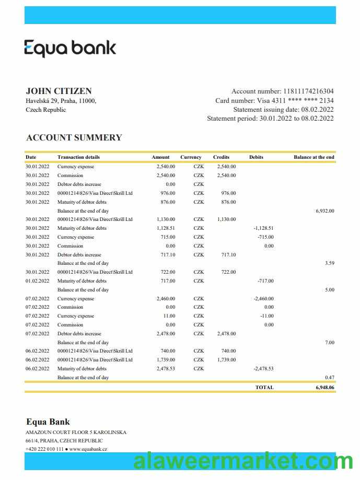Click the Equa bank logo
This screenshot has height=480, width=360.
pyautogui.click(x=70, y=48)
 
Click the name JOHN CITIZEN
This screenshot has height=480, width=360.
pyautogui.click(x=59, y=91)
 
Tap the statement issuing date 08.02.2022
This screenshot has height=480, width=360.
pyautogui.click(x=317, y=110)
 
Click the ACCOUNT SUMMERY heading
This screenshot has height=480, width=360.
pyautogui.click(x=74, y=138)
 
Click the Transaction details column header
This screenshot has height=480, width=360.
pyautogui.click(x=78, y=157)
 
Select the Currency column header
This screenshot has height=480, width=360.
pyautogui.click(x=191, y=157)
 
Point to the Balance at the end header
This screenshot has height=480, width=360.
pyautogui.click(x=313, y=157)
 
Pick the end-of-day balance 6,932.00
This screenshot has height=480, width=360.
pyautogui.click(x=324, y=211)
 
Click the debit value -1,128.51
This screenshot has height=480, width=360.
pyautogui.click(x=263, y=228)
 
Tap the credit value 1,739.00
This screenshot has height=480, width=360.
pyautogui.click(x=226, y=360)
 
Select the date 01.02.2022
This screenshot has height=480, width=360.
pyautogui.click(x=38, y=281)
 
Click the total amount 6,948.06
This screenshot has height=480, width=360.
pyautogui.click(x=324, y=388)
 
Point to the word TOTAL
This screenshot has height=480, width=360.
pyautogui.click(x=264, y=388)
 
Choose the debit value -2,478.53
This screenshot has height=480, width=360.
pyautogui.click(x=263, y=369)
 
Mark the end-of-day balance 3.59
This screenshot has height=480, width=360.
pyautogui.click(x=329, y=263)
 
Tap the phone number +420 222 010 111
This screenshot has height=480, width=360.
pyautogui.click(x=44, y=449)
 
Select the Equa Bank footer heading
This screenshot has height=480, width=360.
pyautogui.click(x=48, y=422)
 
